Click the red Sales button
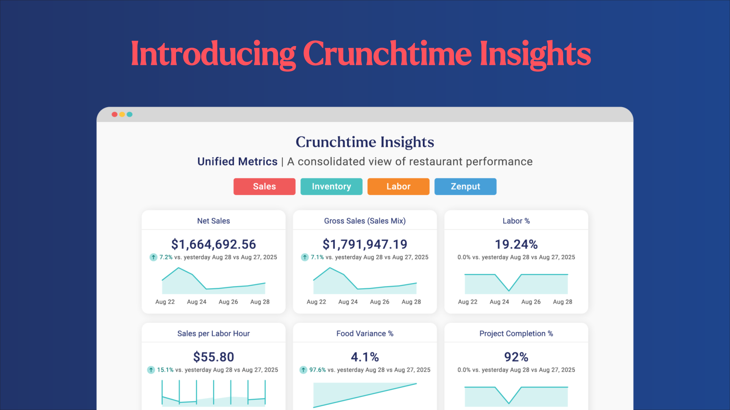pos(264,186)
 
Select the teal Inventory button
pos(331,186)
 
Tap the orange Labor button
pos(398,186)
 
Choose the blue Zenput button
pos(465,186)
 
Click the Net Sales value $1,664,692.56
pos(214,244)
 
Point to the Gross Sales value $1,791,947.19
pos(365,244)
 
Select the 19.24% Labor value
pos(516,244)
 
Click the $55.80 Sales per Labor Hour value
pos(214,357)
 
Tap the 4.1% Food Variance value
pos(365,357)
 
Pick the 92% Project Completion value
pos(516,357)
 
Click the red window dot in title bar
pos(114,114)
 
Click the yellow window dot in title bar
pos(122,114)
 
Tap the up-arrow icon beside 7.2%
pos(153,257)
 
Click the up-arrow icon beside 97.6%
pos(303,370)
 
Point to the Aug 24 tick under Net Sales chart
pos(197,302)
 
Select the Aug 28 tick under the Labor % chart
pos(563,302)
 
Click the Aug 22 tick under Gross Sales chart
pos(316,302)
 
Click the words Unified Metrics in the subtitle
pos(237,161)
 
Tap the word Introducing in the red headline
pos(213,54)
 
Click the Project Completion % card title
pos(516,333)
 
